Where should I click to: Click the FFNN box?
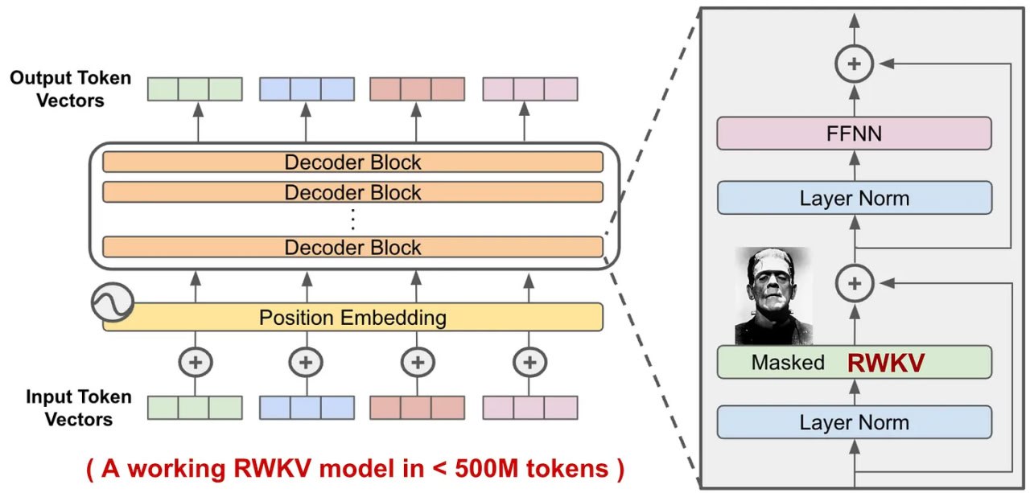854,133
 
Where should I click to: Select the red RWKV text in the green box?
885,363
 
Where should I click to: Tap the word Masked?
788,363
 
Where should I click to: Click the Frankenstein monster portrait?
772,296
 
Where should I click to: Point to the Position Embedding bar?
352,317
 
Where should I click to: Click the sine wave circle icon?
113,303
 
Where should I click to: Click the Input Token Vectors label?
68,408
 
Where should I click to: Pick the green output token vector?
195,88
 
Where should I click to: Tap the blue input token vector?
306,408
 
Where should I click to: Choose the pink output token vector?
529,88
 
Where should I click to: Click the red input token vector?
417,408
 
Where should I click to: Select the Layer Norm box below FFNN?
854,198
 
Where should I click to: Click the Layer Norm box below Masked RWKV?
854,422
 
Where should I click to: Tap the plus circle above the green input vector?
195,362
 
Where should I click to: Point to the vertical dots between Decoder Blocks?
352,219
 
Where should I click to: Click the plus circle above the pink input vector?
529,362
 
